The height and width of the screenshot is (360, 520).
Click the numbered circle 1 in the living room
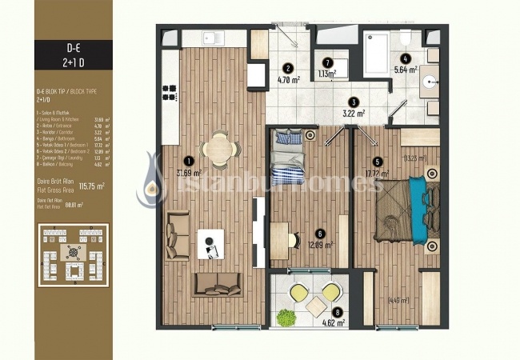(x=189, y=159)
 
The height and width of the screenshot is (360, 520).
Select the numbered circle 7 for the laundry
(x=326, y=62)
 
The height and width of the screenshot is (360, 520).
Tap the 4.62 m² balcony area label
(x=332, y=324)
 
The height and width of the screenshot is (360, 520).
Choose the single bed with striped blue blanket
(x=285, y=159)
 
